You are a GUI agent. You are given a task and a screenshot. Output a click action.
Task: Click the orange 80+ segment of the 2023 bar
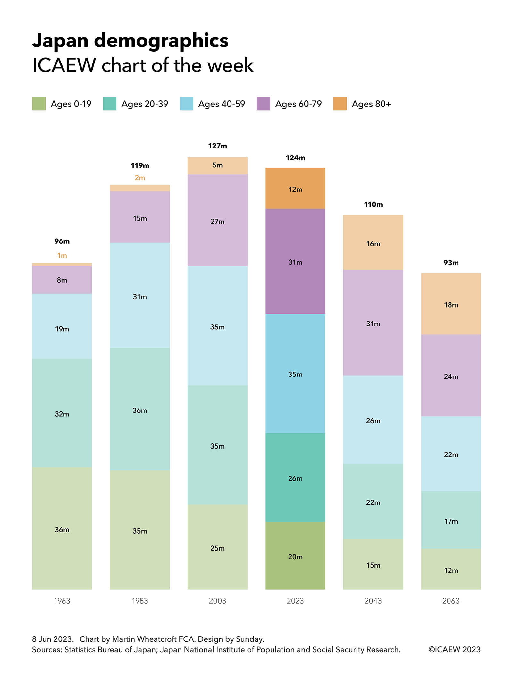tap(295, 188)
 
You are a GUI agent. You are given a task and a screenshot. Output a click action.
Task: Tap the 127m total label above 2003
tap(217, 146)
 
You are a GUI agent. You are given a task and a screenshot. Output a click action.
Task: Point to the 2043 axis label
tap(373, 601)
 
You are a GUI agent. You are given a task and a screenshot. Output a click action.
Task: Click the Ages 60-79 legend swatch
tap(263, 104)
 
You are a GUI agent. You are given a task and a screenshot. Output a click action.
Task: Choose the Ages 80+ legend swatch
tap(340, 104)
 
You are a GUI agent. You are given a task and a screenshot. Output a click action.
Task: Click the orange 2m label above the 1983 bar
tap(140, 178)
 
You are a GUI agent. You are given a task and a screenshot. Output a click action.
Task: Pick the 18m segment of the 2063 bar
tap(451, 304)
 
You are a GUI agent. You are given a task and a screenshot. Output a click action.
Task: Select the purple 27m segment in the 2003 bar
tap(217, 220)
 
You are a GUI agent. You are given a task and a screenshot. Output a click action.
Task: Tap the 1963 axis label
tap(62, 601)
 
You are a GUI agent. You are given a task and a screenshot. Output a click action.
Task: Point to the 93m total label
tap(451, 263)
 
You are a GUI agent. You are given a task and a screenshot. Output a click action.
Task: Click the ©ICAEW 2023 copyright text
tap(454, 649)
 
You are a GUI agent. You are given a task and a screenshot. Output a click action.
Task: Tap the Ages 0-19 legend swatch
tap(39, 104)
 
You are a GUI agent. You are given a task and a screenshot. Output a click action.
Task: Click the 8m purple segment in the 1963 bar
tap(62, 280)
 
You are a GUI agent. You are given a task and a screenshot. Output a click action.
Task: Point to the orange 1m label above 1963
tap(62, 255)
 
